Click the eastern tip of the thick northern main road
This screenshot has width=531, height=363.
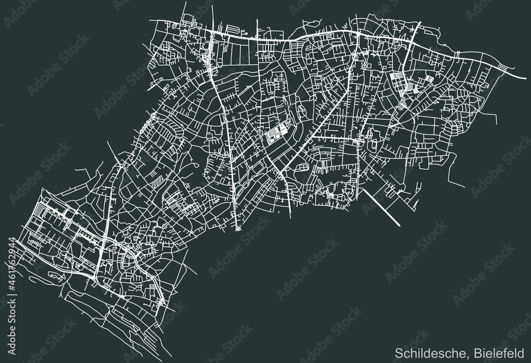pos(518,69)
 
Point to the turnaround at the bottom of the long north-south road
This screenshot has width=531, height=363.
pos(237,230)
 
